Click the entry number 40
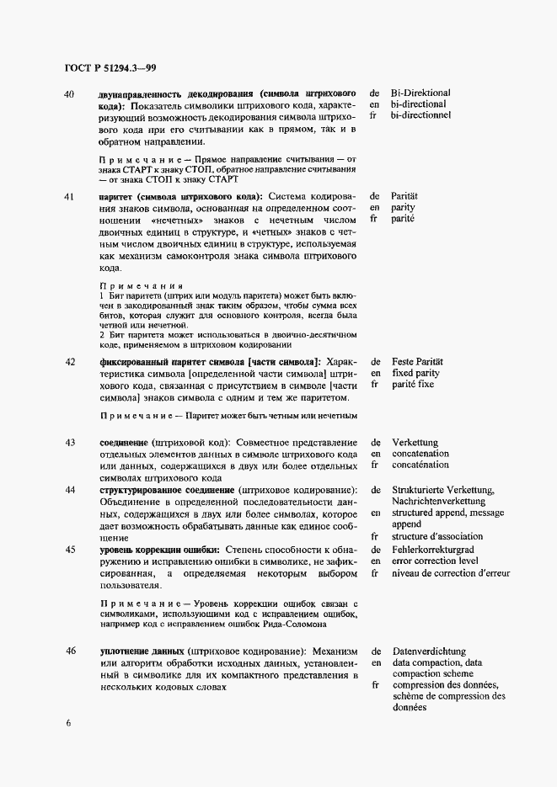coord(70,93)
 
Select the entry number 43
coord(70,443)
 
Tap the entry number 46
coord(70,651)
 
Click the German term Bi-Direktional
coord(421,93)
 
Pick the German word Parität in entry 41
coord(405,196)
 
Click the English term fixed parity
coord(419,373)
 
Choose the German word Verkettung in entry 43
coord(415,443)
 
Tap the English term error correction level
coord(434,561)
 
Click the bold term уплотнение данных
coord(142,651)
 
